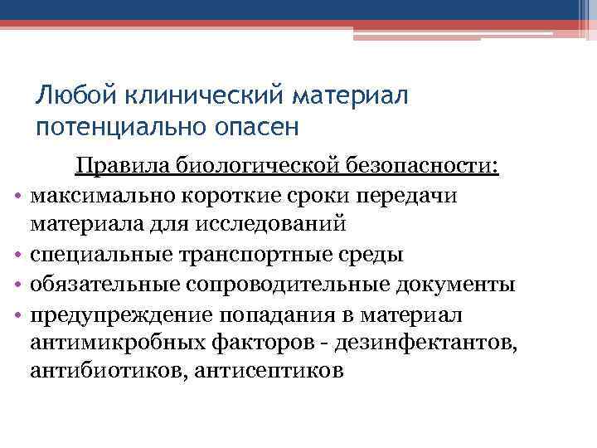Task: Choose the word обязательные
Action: [99, 285]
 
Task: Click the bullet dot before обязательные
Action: [17, 285]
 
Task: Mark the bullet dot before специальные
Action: [17, 254]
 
